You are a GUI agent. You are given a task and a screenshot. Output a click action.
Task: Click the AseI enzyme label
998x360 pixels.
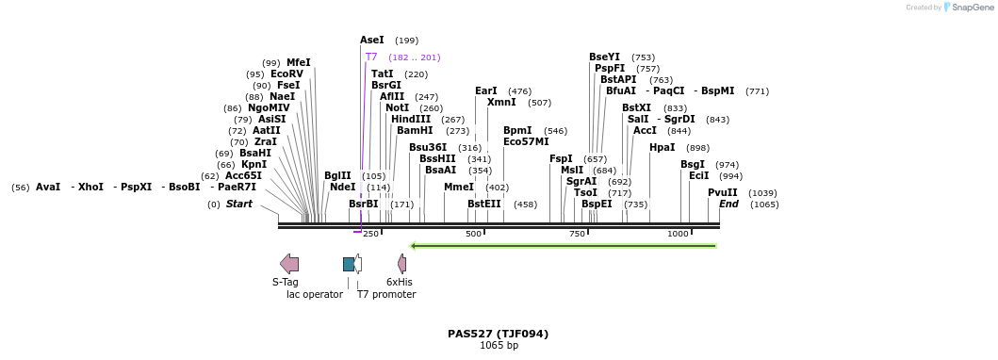(372, 41)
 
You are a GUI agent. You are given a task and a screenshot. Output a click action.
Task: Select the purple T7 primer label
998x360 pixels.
(371, 57)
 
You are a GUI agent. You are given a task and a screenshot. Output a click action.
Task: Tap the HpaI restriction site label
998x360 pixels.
(662, 148)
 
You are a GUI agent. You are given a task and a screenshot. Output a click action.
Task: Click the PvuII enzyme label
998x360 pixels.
(723, 192)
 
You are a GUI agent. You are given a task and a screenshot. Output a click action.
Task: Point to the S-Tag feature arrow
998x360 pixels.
(289, 264)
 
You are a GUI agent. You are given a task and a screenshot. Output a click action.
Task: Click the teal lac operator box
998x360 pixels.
(349, 264)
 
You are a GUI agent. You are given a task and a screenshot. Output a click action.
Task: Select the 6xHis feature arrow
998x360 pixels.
(401, 264)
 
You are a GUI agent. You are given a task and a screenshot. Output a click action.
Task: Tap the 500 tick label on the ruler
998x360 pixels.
(473, 234)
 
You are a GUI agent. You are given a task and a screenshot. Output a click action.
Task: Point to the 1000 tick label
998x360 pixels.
(678, 234)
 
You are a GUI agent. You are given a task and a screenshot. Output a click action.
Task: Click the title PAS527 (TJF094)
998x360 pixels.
(498, 334)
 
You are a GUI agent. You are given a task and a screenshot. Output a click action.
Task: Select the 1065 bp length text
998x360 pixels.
(499, 346)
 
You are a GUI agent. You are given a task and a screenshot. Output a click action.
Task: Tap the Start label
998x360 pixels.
(238, 205)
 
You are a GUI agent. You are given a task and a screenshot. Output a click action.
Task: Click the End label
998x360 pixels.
(728, 204)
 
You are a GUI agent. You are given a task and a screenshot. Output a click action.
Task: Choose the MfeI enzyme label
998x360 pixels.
(299, 63)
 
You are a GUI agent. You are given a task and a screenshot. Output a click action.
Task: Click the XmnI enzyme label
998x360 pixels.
(501, 103)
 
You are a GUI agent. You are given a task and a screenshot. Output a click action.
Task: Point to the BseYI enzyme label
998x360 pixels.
(604, 57)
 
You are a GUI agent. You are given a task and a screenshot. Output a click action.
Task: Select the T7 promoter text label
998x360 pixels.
(386, 295)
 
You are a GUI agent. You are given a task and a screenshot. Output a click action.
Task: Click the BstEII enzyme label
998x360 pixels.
(484, 204)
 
